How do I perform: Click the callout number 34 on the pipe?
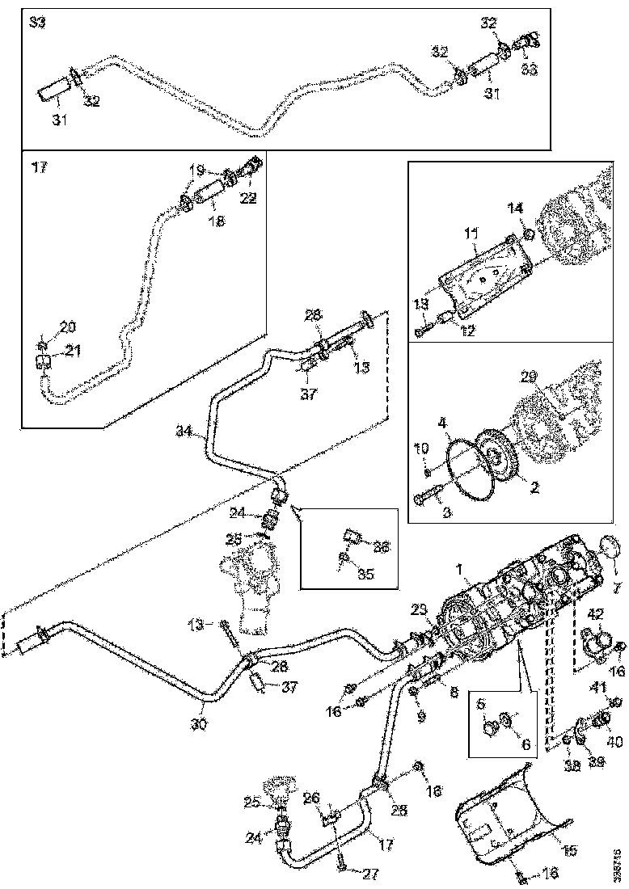tap(184, 432)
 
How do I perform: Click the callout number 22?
tap(247, 198)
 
